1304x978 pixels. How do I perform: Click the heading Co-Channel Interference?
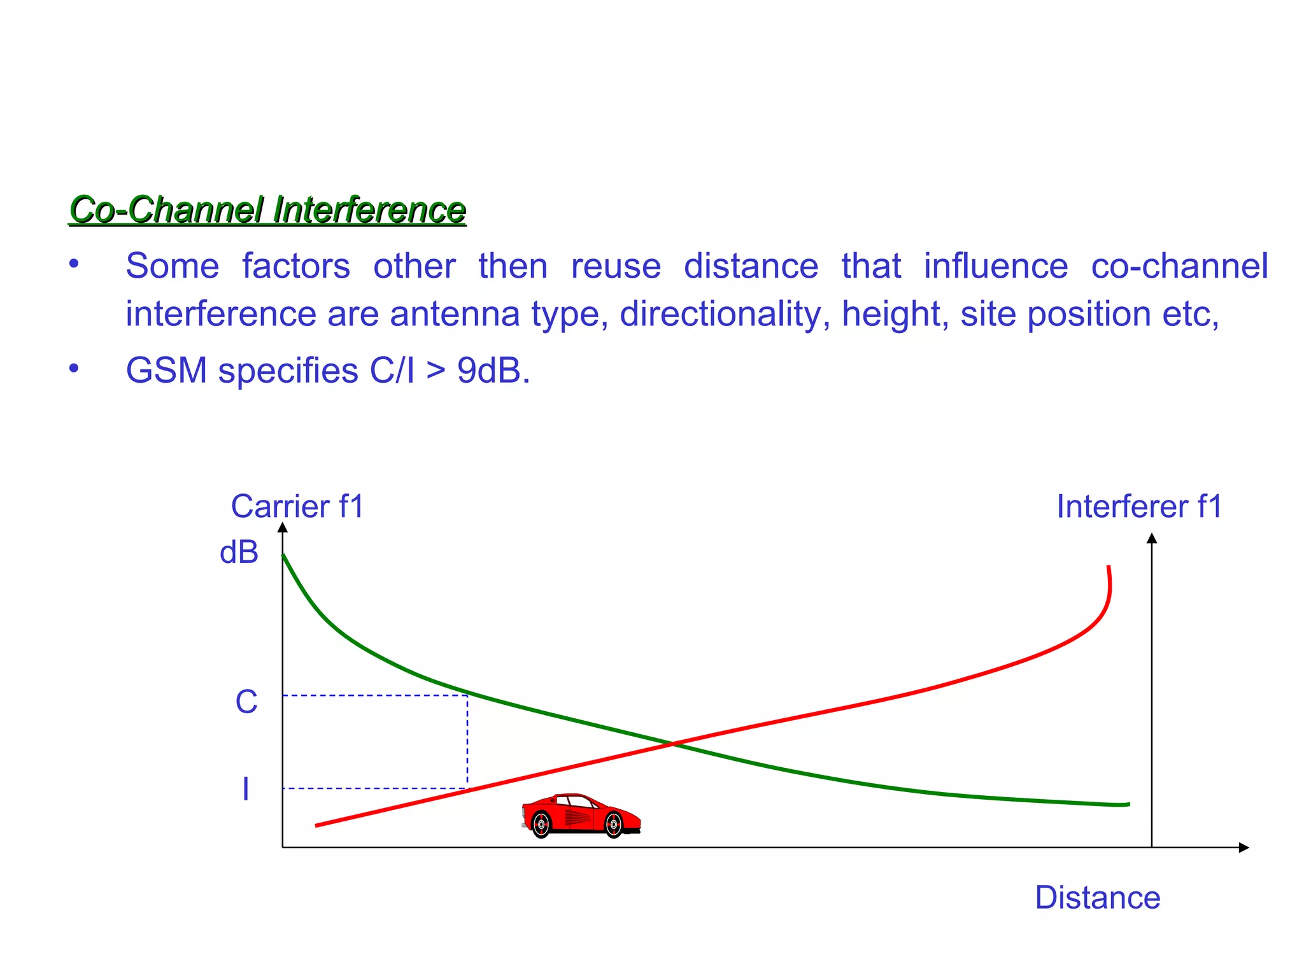267,210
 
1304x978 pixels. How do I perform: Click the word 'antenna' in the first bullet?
455,314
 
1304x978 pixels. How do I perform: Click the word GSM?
166,371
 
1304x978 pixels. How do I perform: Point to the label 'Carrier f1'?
297,507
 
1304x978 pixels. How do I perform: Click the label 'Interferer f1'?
1139,507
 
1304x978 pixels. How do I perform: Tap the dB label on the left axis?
239,552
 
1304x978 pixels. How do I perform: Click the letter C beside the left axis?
246,702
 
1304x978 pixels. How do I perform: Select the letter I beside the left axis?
246,790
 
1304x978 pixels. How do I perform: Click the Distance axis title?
1098,898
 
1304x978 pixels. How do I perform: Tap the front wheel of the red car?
613,825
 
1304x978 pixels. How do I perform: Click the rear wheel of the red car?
541,825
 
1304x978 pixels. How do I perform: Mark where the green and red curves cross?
673,743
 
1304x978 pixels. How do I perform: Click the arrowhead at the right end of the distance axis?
1244,847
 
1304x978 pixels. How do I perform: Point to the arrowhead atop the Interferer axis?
1152,539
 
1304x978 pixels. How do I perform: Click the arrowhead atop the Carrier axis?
283,527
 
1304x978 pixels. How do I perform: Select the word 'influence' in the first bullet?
996,266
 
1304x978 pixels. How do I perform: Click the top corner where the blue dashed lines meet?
467,695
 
